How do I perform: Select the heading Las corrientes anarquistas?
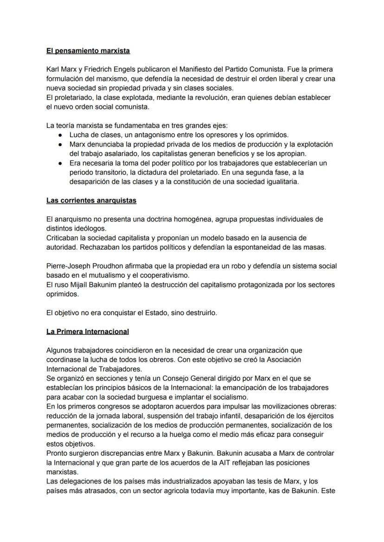point(91,200)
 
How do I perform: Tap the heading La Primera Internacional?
point(88,332)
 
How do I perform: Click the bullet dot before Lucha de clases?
point(61,135)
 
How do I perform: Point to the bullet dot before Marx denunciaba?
point(61,144)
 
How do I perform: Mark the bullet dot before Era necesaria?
point(61,163)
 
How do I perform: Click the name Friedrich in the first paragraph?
point(102,69)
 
